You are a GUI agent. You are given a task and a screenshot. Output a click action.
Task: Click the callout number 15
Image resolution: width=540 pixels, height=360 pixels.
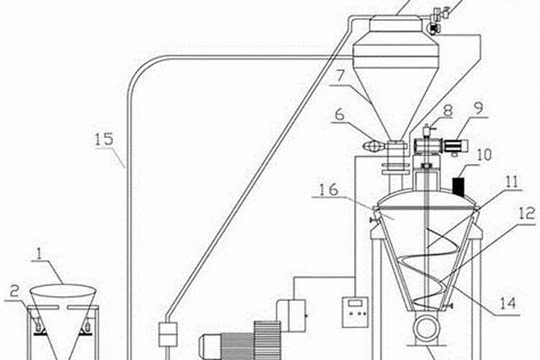tap(104, 139)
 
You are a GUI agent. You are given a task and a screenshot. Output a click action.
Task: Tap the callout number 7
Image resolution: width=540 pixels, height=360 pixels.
tap(341, 76)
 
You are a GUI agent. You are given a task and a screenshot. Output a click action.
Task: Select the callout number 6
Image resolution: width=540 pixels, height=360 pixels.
tap(340, 114)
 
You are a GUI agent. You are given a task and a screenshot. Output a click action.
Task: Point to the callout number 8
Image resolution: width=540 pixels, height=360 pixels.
tap(447, 111)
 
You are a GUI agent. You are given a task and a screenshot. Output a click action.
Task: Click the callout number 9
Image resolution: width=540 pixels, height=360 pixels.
tap(478, 108)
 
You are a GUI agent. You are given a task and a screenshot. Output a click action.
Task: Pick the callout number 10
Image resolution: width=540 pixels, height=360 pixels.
tap(485, 155)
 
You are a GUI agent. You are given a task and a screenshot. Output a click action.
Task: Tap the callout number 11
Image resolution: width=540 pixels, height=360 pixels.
tap(511, 181)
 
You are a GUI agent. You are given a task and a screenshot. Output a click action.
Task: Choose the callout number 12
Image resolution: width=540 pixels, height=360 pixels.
tap(527, 213)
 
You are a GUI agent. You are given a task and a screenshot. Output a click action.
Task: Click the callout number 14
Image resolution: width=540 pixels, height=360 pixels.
tap(508, 303)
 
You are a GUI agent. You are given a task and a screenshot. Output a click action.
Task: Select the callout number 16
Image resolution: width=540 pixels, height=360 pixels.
tap(328, 189)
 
